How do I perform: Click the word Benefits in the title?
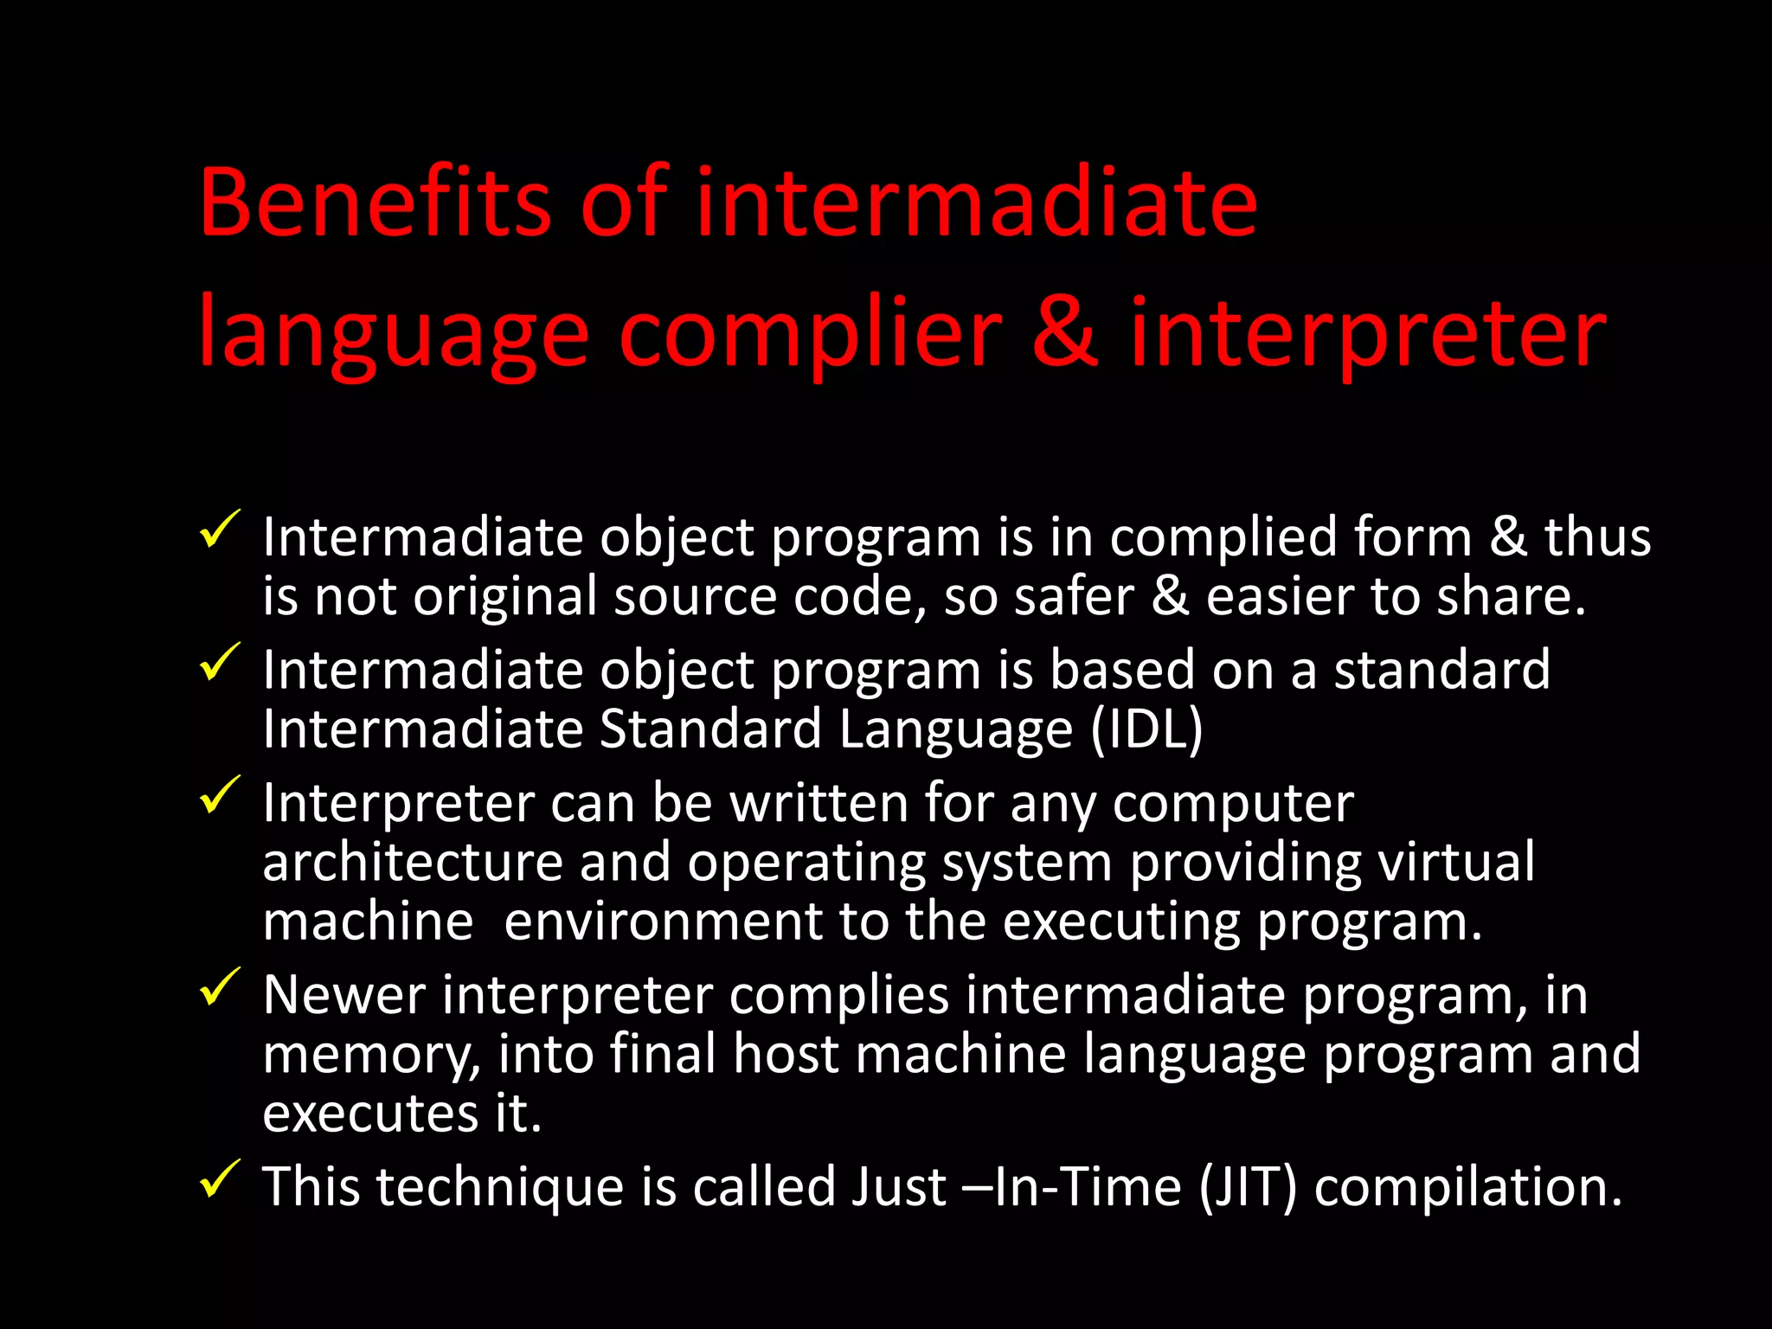coord(374,202)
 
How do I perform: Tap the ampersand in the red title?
coord(1065,332)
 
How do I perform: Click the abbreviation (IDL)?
coord(1146,729)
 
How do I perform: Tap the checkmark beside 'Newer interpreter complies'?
coord(219,987)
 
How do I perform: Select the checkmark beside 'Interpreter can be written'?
coord(219,795)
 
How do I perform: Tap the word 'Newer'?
coord(343,995)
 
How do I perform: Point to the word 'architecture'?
coord(413,864)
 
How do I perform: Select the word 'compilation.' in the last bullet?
coord(1467,1185)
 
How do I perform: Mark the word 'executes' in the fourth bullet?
coord(370,1113)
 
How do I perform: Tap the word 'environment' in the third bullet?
coord(663,921)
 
